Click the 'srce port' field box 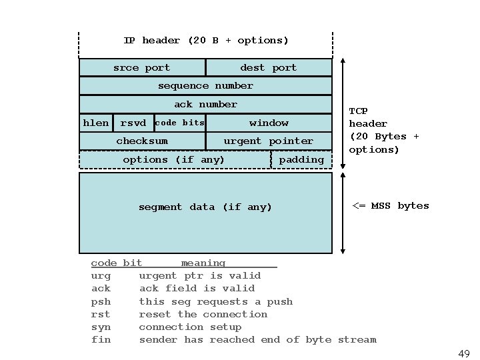tap(142, 67)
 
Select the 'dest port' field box tap(268, 67)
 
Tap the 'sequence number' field tap(205, 86)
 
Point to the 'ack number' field tap(205, 105)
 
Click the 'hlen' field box tap(96, 123)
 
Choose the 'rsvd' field tap(133, 123)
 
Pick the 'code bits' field tap(179, 123)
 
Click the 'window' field tap(269, 123)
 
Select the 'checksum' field tap(142, 141)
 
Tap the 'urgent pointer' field tap(268, 141)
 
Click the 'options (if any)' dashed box tap(174, 160)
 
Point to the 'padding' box tap(301, 160)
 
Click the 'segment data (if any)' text tap(205, 207)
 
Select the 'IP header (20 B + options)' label tap(206, 41)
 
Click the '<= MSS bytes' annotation tap(391, 205)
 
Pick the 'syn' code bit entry tap(101, 327)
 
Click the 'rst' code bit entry tap(101, 314)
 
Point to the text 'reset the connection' tap(203, 314)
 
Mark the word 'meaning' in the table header tap(203, 263)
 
